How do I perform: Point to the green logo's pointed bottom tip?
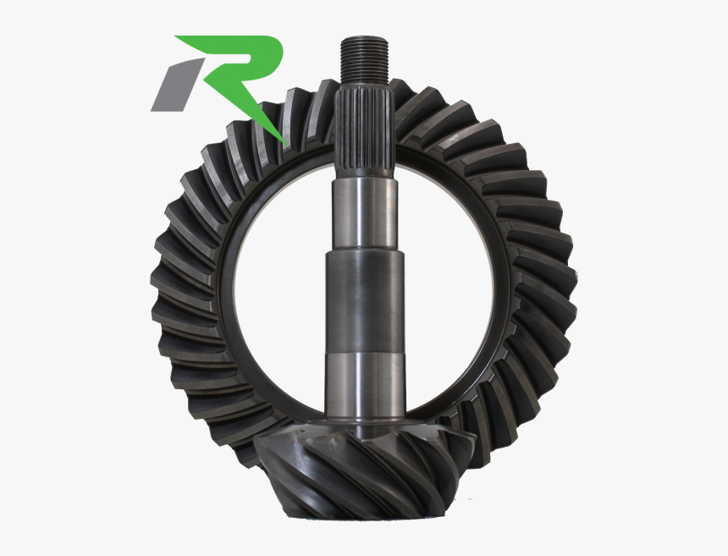286,142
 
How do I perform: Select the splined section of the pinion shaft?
364,127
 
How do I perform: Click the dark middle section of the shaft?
364,296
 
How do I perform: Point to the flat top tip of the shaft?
364,38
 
